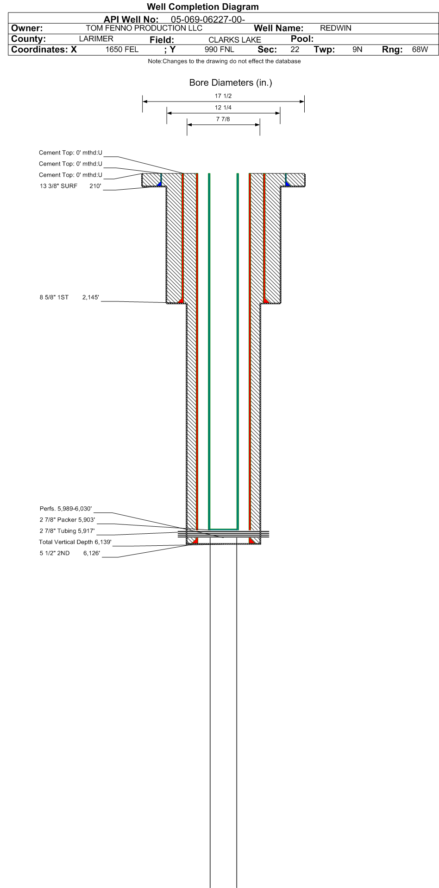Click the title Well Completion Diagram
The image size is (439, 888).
[x=203, y=7]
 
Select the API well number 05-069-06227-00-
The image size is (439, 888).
[x=208, y=19]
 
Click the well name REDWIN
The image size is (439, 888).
[x=336, y=28]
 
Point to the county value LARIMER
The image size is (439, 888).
[x=96, y=39]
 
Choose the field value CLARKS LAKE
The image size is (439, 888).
[x=235, y=40]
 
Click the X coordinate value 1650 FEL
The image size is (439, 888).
[x=122, y=50]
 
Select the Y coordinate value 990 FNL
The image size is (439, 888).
[x=219, y=50]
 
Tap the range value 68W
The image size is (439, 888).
[x=420, y=50]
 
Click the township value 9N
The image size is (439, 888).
[x=357, y=50]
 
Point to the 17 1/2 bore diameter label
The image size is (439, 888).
[x=223, y=96]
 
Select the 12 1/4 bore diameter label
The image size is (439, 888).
[x=223, y=108]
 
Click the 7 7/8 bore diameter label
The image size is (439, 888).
[x=223, y=119]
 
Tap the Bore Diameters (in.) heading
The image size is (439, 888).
[x=231, y=83]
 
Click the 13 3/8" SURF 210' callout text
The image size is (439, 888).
[x=70, y=186]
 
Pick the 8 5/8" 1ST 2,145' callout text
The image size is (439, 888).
[x=69, y=297]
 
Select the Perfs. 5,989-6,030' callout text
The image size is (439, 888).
[x=66, y=509]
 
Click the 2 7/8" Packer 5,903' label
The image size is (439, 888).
[x=67, y=520]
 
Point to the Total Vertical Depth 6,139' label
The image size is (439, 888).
[x=75, y=542]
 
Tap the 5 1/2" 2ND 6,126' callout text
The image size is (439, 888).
[x=70, y=553]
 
